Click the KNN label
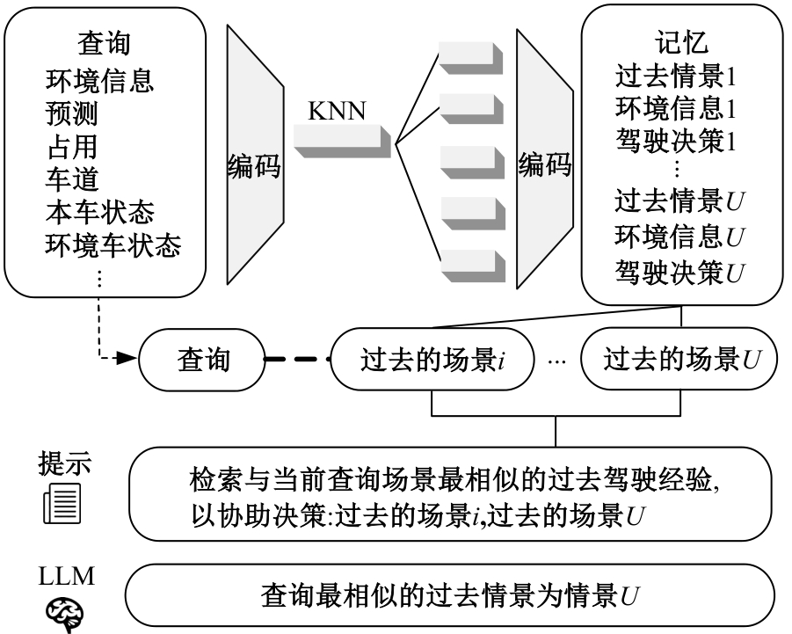(337, 112)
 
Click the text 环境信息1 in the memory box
(675, 110)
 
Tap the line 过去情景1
(675, 77)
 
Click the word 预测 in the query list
(71, 113)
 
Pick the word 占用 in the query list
(71, 146)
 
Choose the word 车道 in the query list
(71, 179)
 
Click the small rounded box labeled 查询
(203, 358)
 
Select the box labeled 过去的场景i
(432, 359)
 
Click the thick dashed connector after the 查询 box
(296, 359)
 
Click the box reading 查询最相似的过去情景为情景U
(450, 595)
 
